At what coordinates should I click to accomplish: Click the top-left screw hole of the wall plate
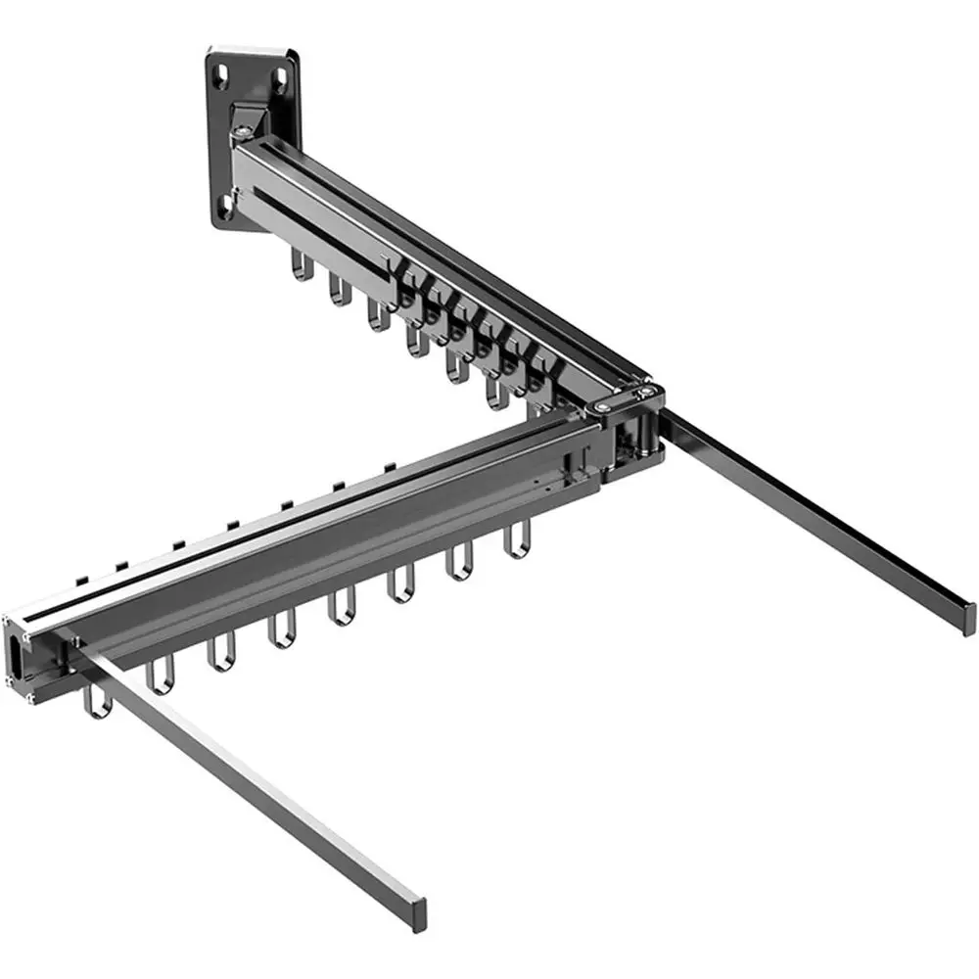click(x=220, y=71)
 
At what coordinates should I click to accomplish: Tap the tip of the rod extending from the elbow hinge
click(x=966, y=616)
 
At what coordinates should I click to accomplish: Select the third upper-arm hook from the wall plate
click(x=377, y=314)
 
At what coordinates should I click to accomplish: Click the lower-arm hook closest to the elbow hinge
click(x=515, y=542)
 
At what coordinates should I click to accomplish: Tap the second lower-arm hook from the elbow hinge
click(x=459, y=567)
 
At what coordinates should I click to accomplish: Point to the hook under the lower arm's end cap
click(x=95, y=702)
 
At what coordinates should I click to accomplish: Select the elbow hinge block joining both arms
click(x=631, y=431)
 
